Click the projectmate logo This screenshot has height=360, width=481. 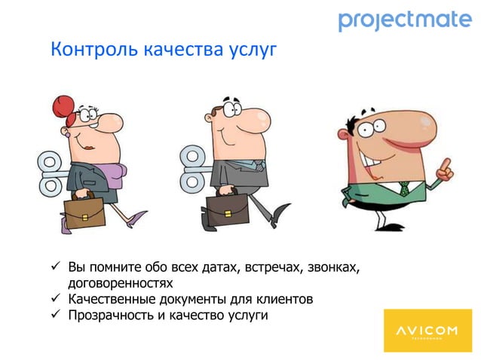tap(404, 20)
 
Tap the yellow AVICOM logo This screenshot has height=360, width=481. tap(427, 331)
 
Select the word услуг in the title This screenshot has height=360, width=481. tap(253, 51)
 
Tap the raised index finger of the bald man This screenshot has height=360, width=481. tap(448, 165)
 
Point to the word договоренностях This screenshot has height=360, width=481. tap(120, 284)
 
